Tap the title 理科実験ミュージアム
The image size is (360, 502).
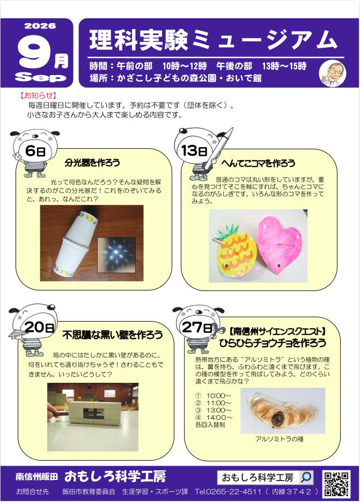(213, 41)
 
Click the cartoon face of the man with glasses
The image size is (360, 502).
(333, 73)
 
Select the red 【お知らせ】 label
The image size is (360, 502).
(39, 95)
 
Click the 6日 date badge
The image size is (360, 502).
(35, 150)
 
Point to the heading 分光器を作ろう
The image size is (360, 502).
(92, 163)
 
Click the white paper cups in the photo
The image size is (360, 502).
(73, 243)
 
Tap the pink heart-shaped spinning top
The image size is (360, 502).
(280, 245)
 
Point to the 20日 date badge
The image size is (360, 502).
(39, 327)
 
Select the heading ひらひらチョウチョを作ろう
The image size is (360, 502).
(273, 343)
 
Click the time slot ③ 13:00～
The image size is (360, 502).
(213, 410)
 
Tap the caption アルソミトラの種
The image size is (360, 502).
(280, 439)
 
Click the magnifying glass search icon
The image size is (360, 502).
(306, 477)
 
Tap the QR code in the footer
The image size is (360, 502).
(336, 484)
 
